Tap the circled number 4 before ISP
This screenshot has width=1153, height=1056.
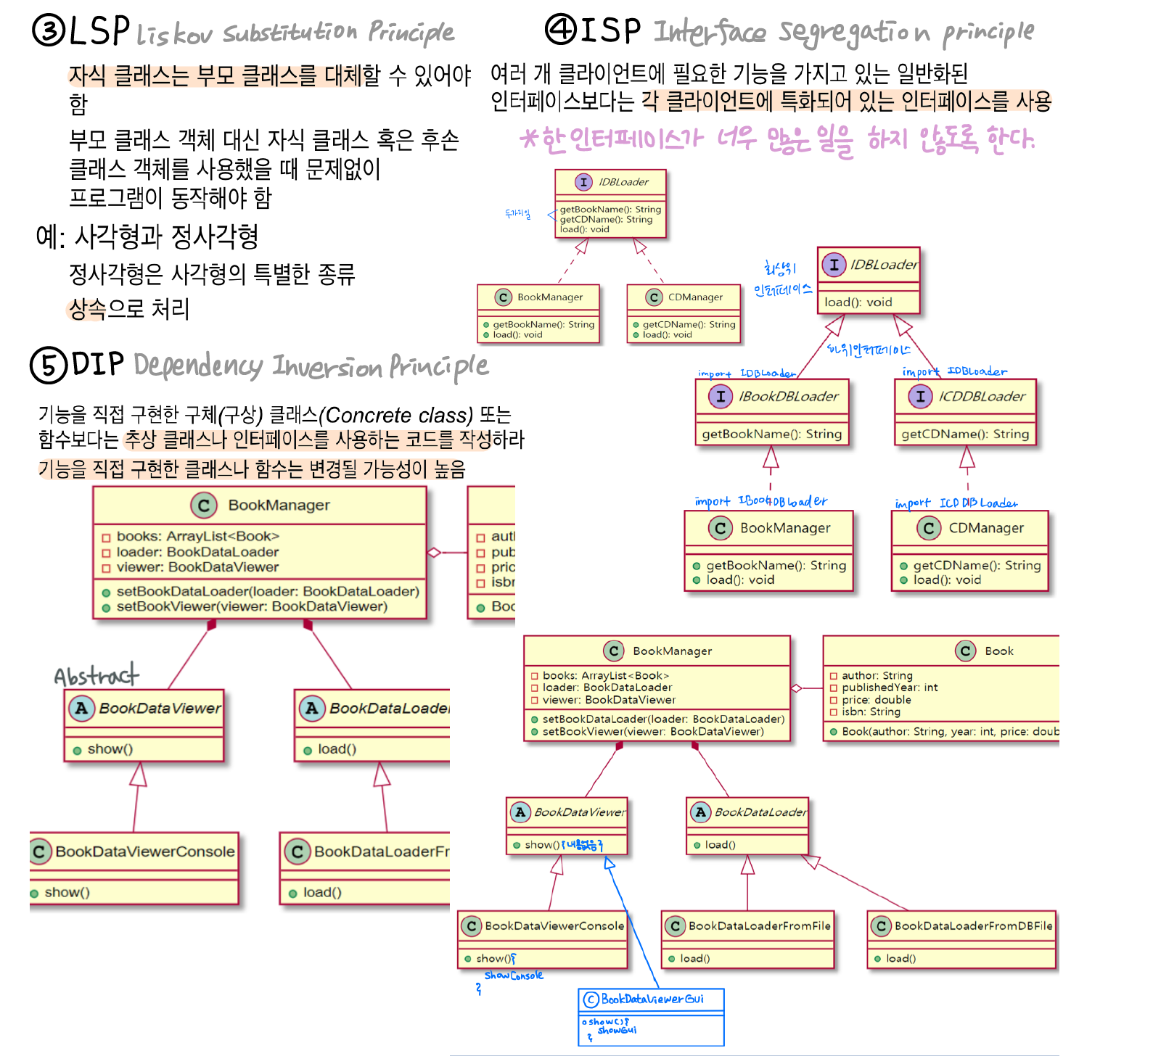(x=561, y=30)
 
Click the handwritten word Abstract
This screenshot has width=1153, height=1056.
(x=96, y=676)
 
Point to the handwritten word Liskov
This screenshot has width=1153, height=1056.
(x=174, y=34)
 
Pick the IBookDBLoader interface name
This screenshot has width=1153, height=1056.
(x=788, y=397)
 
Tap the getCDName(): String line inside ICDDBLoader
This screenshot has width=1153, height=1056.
(x=965, y=434)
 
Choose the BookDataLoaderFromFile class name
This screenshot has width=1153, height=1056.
(x=759, y=925)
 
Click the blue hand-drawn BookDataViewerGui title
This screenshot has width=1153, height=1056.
(x=652, y=999)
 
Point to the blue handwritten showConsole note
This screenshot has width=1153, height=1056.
(x=513, y=975)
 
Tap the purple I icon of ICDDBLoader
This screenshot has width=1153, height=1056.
(x=920, y=397)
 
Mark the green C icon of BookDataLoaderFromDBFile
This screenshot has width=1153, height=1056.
(x=881, y=925)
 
